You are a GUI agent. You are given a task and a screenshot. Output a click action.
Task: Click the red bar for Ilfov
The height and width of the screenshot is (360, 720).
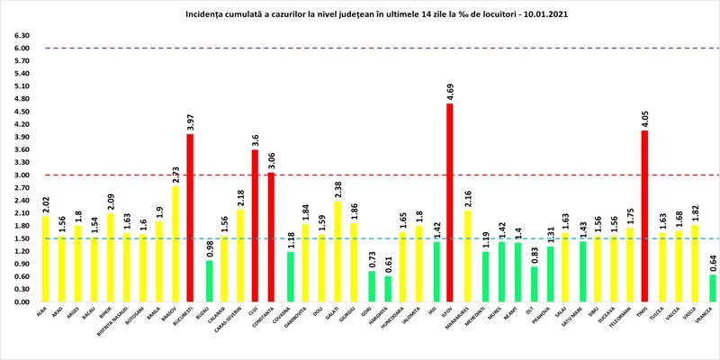tap(450, 202)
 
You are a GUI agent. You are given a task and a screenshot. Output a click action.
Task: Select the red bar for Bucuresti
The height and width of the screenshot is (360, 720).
tap(191, 218)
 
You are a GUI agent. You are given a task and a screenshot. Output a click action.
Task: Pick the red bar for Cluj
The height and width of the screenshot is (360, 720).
tap(256, 225)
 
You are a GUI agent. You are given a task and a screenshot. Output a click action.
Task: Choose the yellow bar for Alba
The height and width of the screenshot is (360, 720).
tap(45, 259)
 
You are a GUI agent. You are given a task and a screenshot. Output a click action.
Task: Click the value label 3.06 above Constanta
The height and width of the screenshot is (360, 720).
tap(272, 160)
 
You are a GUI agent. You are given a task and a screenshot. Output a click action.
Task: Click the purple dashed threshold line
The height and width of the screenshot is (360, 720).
tap(360, 49)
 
